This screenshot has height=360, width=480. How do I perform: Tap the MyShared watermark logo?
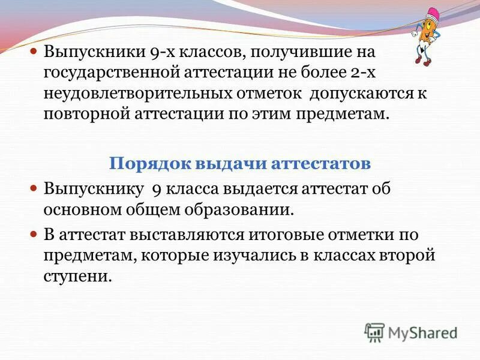click(412, 332)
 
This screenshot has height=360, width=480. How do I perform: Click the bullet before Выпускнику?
click(34, 189)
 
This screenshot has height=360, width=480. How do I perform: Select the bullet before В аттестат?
click(34, 234)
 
